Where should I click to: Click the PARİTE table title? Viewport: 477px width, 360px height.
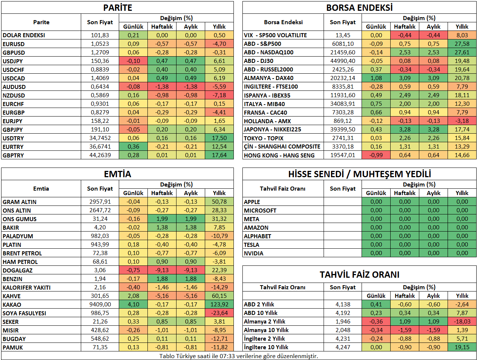[x=118, y=8]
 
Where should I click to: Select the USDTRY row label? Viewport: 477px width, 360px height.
[x=13, y=138]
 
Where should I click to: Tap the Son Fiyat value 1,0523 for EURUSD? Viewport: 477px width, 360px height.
[x=100, y=44]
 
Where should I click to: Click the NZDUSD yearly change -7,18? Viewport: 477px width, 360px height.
[x=219, y=95]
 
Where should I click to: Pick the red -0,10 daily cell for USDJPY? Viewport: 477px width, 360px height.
[x=133, y=61]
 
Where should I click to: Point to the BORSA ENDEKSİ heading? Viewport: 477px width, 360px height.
[x=359, y=8]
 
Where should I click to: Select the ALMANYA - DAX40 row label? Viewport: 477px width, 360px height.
[x=268, y=78]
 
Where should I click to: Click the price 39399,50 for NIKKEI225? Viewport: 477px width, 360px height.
[x=343, y=130]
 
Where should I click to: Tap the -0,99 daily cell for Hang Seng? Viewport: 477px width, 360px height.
[x=376, y=155]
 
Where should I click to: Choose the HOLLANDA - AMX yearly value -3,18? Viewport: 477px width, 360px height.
[x=462, y=121]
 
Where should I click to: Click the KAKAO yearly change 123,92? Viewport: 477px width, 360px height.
[x=219, y=305]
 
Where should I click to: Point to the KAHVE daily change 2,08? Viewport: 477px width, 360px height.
[x=133, y=296]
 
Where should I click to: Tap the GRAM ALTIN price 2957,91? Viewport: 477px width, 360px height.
[x=100, y=202]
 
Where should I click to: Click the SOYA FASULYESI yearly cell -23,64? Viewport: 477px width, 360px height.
[x=219, y=313]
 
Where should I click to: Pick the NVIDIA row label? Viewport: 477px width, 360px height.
[x=254, y=253]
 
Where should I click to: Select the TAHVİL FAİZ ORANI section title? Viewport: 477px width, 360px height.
[x=359, y=275]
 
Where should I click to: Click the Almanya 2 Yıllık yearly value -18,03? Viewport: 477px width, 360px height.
[x=462, y=322]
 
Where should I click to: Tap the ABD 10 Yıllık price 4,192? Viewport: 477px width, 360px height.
[x=343, y=313]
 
